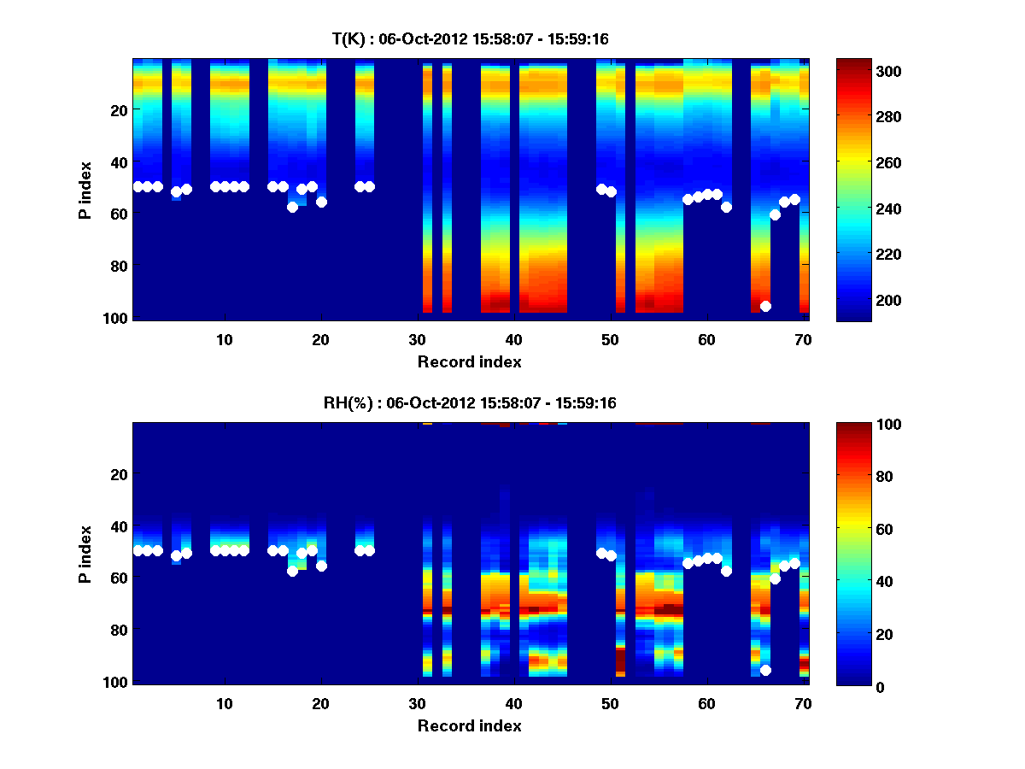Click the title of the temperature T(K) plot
click(470, 38)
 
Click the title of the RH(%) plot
click(470, 402)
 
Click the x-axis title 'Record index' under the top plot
click(470, 361)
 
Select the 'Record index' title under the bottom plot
click(470, 725)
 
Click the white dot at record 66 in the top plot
click(765, 306)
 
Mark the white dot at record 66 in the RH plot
click(765, 670)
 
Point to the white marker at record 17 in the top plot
click(292, 207)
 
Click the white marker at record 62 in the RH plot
click(727, 571)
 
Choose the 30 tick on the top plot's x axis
click(417, 338)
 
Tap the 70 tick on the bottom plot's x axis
click(803, 702)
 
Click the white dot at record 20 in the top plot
click(321, 202)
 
